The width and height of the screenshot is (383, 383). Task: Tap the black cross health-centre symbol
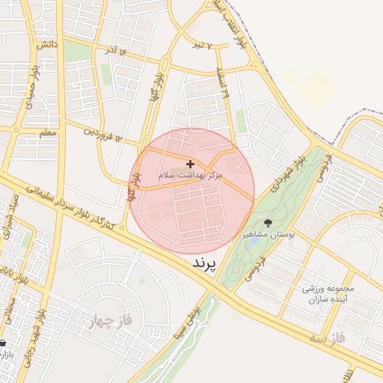pyautogui.click(x=190, y=163)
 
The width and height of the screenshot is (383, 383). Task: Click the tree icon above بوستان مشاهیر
pyautogui.click(x=268, y=223)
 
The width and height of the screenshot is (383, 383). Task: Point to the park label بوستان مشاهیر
pyautogui.click(x=268, y=235)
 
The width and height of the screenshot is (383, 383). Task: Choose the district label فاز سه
pyautogui.click(x=330, y=339)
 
